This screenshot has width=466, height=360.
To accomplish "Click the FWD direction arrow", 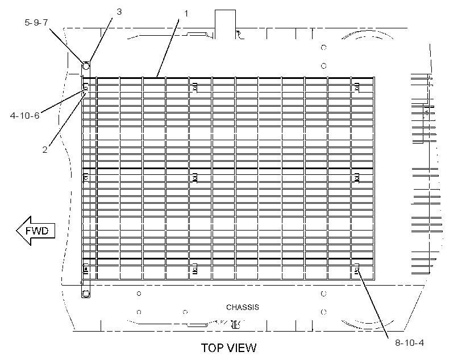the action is [x=36, y=231].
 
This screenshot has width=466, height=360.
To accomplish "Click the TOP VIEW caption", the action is [x=228, y=348].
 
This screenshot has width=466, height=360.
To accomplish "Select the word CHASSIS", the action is [x=243, y=307].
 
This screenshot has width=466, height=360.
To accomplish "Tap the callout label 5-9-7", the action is [x=36, y=22].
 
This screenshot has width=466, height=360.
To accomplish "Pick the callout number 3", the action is [x=119, y=11].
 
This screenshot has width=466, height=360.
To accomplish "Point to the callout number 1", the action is [x=186, y=14].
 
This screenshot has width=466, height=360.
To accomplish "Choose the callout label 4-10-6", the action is [x=24, y=115].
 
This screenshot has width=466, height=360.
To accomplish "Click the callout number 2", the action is [x=45, y=149].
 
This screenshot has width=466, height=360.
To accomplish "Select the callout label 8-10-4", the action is [x=409, y=343].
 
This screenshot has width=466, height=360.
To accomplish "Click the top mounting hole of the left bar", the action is [x=86, y=66].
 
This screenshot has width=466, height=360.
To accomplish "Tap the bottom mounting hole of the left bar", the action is [x=86, y=294].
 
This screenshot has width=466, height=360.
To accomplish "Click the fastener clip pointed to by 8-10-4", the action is [x=357, y=269].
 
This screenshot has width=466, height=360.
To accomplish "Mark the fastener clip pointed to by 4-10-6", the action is [x=86, y=88].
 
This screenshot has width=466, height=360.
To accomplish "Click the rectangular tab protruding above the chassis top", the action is [x=225, y=24].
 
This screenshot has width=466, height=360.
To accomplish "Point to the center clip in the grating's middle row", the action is [x=195, y=178].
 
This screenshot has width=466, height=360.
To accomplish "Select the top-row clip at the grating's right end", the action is [x=357, y=87].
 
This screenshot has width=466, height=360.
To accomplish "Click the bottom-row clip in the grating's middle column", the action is [x=195, y=269].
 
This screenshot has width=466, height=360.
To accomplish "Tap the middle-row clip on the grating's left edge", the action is [x=86, y=178].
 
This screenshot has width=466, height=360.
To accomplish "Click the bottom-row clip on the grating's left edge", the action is [x=86, y=269].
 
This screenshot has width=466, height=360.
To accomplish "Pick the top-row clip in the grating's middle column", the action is [x=195, y=87].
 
